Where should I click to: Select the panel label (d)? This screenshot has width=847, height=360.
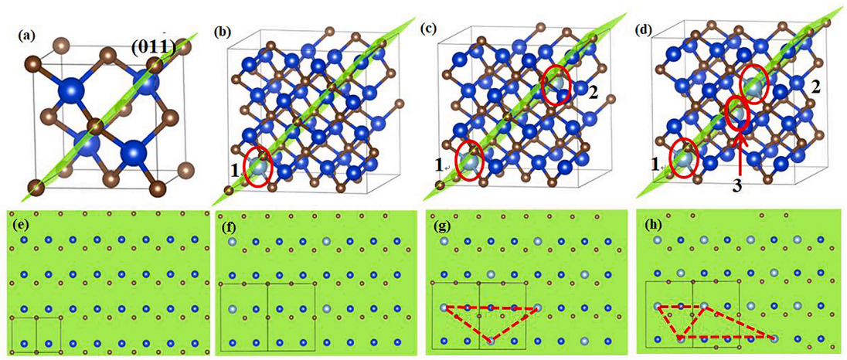coord(643,29)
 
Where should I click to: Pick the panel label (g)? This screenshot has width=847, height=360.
coord(440,222)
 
